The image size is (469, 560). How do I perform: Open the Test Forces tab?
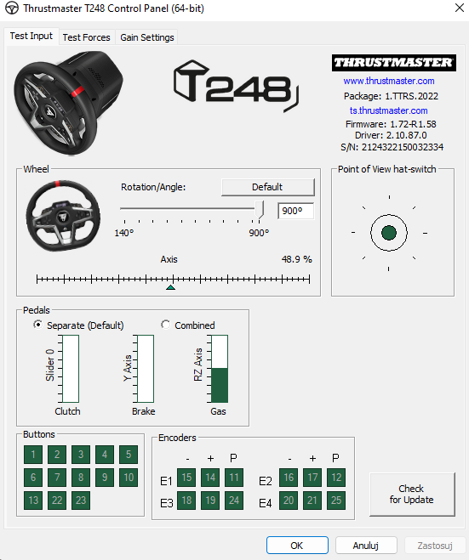(x=86, y=37)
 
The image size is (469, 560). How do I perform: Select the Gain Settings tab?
(x=147, y=37)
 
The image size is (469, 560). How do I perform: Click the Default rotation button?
(x=268, y=187)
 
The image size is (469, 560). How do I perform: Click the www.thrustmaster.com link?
(x=389, y=81)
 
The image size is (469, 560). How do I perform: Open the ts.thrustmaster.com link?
(x=388, y=110)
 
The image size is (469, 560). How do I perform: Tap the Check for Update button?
(x=412, y=494)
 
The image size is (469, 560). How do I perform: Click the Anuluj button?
(x=366, y=546)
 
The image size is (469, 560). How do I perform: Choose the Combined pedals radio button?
(x=165, y=325)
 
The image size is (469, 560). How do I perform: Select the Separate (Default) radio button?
(x=37, y=325)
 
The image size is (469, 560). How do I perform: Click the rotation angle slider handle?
(x=260, y=210)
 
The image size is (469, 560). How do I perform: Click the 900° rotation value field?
(x=296, y=211)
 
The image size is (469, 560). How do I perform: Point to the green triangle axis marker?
(x=170, y=287)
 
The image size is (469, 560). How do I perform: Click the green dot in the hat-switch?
(x=389, y=233)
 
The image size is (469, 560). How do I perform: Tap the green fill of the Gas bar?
(x=220, y=385)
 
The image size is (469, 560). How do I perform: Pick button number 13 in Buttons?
(x=33, y=501)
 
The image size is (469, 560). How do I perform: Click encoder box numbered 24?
(x=234, y=501)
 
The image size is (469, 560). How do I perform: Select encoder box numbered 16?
(x=289, y=478)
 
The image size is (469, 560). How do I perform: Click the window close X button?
(x=460, y=8)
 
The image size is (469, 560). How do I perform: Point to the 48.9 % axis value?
(x=296, y=259)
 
